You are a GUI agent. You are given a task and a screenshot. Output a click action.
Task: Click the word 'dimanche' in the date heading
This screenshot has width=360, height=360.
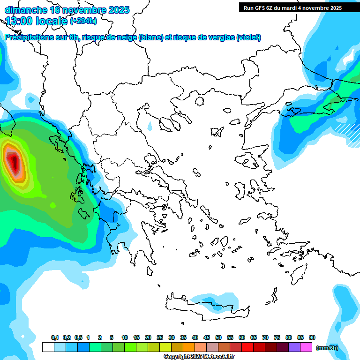(26, 10)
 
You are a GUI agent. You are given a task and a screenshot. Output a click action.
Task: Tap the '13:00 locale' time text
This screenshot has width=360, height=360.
(36, 21)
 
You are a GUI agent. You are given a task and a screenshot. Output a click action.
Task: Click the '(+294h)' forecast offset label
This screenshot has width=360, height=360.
(83, 21)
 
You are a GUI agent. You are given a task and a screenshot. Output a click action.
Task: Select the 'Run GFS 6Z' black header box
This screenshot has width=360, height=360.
(292, 7)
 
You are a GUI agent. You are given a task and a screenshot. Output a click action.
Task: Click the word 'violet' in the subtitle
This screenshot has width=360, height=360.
(248, 37)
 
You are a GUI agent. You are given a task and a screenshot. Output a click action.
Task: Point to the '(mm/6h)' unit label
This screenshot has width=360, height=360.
(327, 348)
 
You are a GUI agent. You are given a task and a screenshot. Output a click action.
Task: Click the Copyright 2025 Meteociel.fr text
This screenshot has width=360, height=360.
(199, 357)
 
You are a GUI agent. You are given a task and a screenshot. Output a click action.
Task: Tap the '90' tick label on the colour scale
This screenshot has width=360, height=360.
(312, 338)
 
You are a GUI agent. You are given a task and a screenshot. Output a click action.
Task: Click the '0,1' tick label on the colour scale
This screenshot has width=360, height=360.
(55, 338)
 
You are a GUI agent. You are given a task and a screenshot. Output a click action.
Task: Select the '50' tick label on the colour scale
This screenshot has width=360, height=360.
(218, 338)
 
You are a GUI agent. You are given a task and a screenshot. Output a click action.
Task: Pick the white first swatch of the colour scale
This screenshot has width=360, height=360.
(48, 347)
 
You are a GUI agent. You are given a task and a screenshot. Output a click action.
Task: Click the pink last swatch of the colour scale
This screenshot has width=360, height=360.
(306, 347)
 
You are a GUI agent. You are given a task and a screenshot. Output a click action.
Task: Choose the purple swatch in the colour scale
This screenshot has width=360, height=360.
(294, 347)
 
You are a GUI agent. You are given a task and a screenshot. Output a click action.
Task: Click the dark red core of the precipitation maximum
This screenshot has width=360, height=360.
(14, 162)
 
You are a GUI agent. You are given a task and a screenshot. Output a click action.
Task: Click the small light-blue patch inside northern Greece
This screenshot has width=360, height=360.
(150, 127)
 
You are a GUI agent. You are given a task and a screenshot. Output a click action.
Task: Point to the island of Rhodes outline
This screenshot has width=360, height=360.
(298, 271)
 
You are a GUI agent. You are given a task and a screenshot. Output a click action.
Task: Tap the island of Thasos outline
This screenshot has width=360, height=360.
(199, 101)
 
